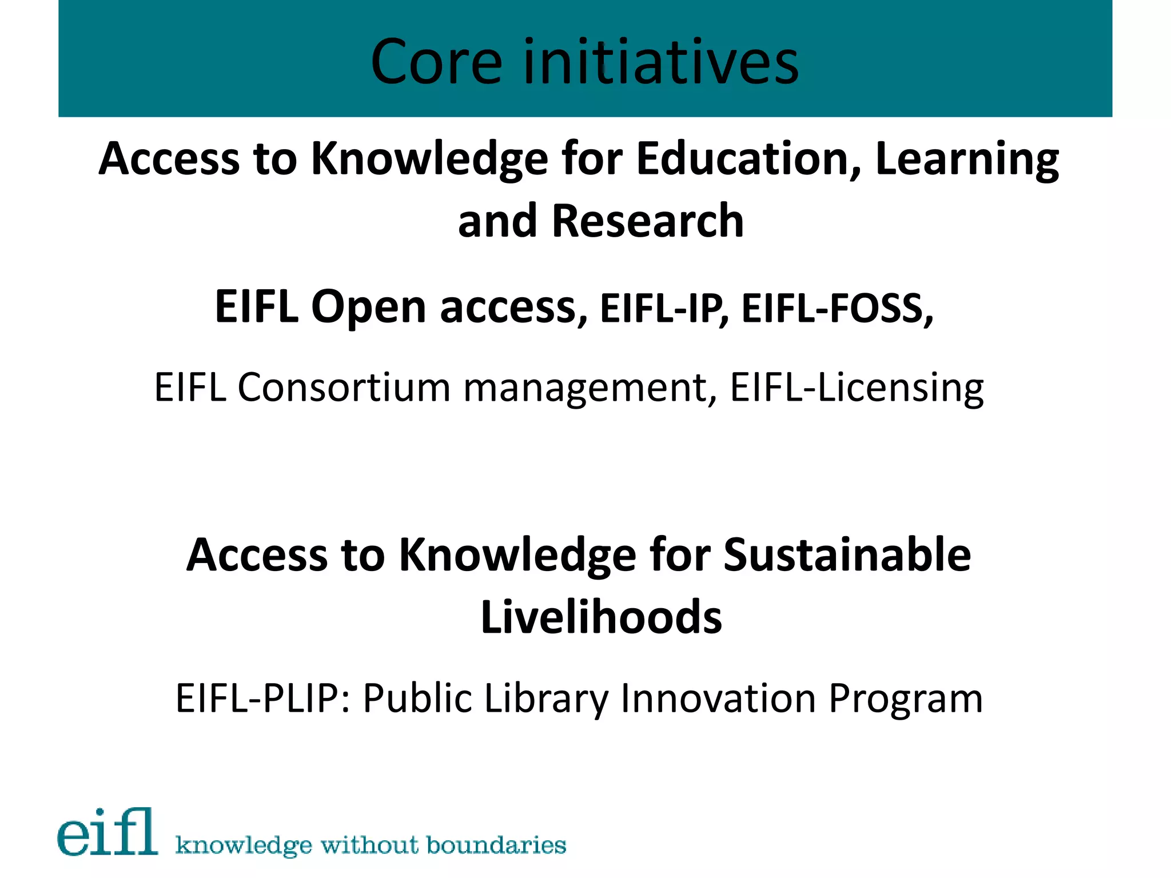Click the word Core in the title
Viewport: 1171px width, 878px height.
click(436, 62)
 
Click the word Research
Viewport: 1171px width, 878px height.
click(647, 221)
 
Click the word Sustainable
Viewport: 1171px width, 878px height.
click(847, 555)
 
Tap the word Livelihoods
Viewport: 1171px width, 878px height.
click(601, 617)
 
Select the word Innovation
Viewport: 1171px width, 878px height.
click(718, 699)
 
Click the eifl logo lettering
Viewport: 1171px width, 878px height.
click(107, 833)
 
